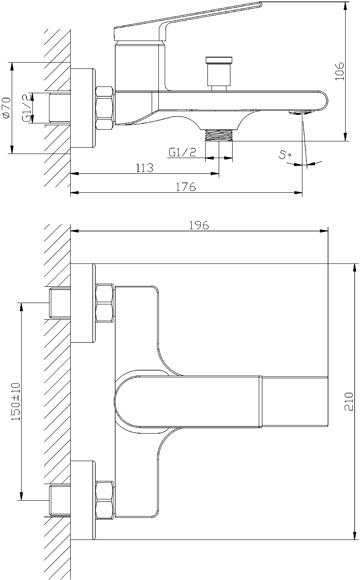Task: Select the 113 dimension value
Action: pos(144,168)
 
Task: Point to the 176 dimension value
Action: pos(186,187)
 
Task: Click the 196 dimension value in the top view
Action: pos(199,225)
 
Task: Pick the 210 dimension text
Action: pos(349,402)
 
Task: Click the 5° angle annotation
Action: pos(285,155)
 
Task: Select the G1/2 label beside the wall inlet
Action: pos(27,108)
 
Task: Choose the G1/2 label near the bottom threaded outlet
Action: pos(182,152)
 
